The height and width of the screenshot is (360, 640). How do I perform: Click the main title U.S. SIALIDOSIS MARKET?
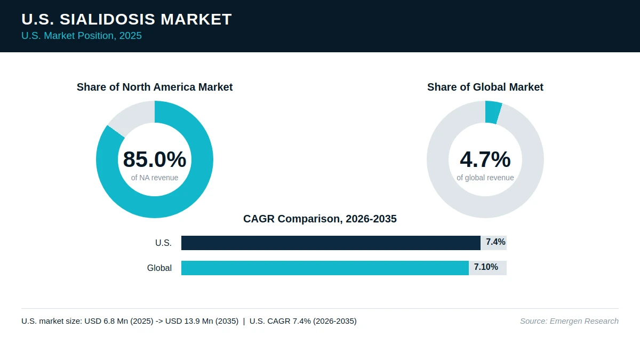[x=126, y=19]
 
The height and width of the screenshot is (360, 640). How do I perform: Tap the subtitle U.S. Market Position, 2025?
[x=82, y=36]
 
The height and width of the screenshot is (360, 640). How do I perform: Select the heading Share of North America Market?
[x=155, y=87]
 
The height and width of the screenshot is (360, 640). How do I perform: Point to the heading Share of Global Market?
[x=485, y=87]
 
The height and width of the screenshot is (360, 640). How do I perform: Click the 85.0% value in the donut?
[x=155, y=159]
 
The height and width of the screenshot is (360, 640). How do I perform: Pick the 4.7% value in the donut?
[x=485, y=159]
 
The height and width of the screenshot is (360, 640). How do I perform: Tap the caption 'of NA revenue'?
[x=155, y=178]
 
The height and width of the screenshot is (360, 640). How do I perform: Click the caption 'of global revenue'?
[x=485, y=178]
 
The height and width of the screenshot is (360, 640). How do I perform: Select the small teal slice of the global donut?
[x=493, y=113]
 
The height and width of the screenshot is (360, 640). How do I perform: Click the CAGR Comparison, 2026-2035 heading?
[x=319, y=219]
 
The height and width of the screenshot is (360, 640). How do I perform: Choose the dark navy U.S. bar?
[x=331, y=243]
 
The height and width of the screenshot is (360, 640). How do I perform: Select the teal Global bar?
[x=325, y=268]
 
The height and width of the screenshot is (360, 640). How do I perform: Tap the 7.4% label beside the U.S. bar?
[x=495, y=242]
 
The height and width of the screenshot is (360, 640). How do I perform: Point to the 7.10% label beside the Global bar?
[x=486, y=267]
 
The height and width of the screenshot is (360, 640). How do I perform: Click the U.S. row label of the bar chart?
[x=163, y=243]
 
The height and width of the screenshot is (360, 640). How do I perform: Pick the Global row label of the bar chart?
[x=159, y=268]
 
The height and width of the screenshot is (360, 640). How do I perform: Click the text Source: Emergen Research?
[x=569, y=321]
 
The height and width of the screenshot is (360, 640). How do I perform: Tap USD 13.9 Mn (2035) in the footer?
[x=202, y=321]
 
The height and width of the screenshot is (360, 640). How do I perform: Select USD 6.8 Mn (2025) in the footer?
[x=119, y=321]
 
